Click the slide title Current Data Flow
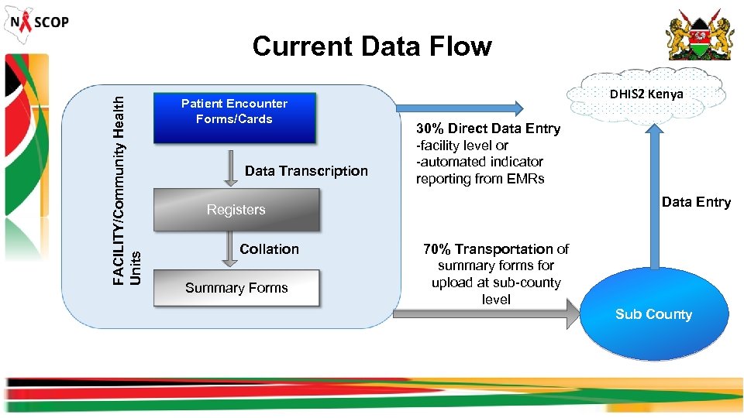point(372,46)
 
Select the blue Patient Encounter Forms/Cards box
point(235,118)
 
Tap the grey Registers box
point(236,210)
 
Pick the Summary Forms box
point(236,288)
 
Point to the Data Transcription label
point(306,171)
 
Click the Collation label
point(269,249)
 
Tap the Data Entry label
point(696,202)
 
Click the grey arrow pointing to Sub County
point(486,313)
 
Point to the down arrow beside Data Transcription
point(231,169)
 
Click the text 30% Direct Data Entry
point(488,128)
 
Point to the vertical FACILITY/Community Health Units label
point(126,190)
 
